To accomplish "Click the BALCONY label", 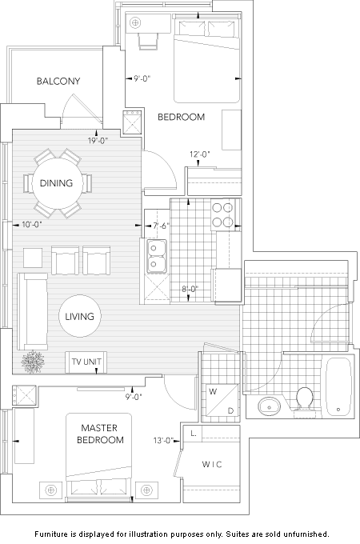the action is (x=58, y=81).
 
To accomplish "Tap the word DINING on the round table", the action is (x=56, y=183).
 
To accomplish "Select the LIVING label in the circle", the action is (x=79, y=317).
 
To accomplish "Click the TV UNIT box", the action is (x=86, y=362).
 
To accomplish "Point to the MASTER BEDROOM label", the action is (x=100, y=434).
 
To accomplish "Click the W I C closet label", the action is (x=211, y=464).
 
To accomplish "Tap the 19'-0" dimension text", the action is (x=98, y=141).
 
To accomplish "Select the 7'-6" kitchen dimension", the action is (x=161, y=226).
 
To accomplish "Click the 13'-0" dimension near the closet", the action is (x=163, y=441).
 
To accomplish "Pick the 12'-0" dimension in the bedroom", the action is (x=200, y=154).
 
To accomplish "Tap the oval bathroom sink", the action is (x=269, y=406).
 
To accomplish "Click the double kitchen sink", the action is (x=157, y=256).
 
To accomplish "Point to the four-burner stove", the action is (x=223, y=214).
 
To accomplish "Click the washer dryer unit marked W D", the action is (x=222, y=400).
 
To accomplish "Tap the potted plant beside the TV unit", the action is (x=33, y=362).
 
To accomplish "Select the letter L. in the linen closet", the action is (x=194, y=433).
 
